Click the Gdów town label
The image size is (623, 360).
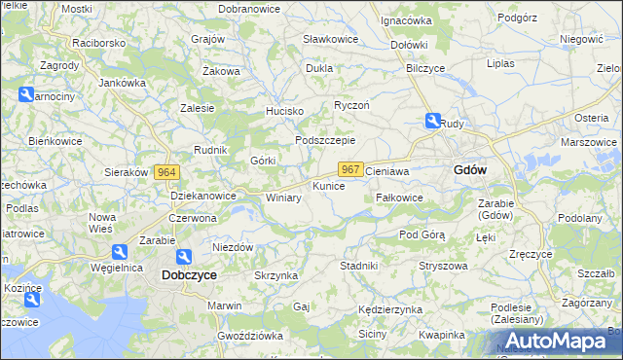pos(470,169)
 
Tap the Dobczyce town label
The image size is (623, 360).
pos(189,275)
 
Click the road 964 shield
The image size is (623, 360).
pos(166,172)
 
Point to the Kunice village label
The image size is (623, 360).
pos(328,185)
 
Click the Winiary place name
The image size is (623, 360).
pos(283,197)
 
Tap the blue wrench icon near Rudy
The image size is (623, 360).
pos(432,122)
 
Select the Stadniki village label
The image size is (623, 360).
pos(358,265)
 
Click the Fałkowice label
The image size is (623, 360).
pos(399,197)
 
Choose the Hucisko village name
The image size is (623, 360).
pos(285,112)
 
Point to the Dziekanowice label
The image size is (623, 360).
pos(203,196)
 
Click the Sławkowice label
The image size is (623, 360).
pos(330,39)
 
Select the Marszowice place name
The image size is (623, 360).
pos(588,142)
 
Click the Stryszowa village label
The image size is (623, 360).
pos(444,266)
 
